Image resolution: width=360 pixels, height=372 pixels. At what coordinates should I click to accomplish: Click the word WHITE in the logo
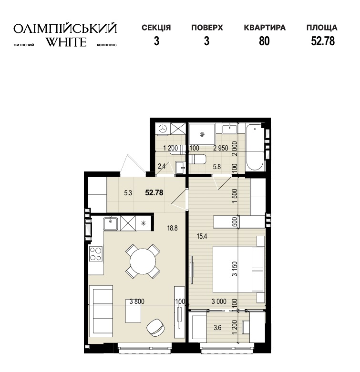[x=66, y=42]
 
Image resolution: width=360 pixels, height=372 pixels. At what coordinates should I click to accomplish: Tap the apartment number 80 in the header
[x=264, y=41]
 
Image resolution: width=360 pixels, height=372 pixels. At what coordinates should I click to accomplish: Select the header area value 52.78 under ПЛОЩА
[x=323, y=41]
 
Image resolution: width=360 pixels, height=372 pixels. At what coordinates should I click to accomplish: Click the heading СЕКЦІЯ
[x=156, y=28]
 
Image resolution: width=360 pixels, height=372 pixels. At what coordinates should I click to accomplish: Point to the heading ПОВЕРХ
[x=207, y=28]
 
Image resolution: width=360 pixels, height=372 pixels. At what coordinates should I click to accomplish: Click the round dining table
[x=143, y=261]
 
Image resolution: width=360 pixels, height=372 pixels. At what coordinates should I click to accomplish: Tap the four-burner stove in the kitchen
[x=96, y=253]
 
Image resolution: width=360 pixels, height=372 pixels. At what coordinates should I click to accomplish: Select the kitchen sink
[x=111, y=223]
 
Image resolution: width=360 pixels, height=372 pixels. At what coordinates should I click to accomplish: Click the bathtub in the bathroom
[x=255, y=147]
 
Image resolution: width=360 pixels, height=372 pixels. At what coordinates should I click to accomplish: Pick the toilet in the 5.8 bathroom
[x=197, y=159]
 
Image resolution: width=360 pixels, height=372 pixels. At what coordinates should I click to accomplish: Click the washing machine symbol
[x=163, y=129]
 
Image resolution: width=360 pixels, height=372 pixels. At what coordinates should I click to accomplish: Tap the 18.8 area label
[x=173, y=228]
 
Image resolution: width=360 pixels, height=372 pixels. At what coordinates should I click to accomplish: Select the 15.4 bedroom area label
[x=202, y=236]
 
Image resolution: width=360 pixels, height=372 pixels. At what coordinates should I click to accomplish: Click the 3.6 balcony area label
[x=217, y=328]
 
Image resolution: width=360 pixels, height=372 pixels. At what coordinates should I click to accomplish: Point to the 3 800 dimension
[x=137, y=302]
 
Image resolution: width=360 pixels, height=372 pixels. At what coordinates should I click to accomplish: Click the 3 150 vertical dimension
[x=235, y=269]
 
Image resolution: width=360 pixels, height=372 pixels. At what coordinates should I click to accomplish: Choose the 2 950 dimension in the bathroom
[x=221, y=148]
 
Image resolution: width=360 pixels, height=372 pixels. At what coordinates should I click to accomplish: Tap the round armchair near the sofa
[x=155, y=327]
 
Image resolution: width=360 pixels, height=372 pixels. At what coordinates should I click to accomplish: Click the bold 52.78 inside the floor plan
[x=154, y=192]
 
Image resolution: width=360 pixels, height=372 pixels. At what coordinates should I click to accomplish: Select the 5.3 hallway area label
[x=128, y=193]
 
